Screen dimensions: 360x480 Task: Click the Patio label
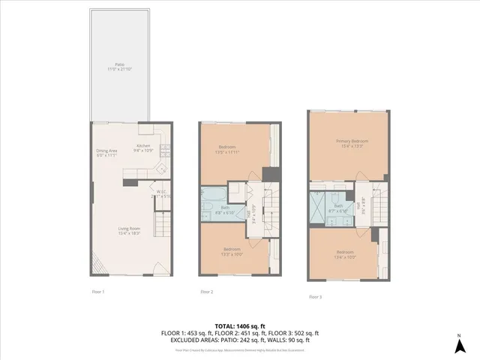click(x=119, y=65)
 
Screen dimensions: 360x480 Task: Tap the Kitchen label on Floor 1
click(x=142, y=145)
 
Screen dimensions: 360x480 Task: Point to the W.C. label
click(x=160, y=191)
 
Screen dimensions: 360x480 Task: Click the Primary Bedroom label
click(x=351, y=141)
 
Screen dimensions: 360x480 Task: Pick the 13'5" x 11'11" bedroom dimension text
click(x=228, y=152)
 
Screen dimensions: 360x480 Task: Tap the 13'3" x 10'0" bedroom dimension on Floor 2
click(x=232, y=253)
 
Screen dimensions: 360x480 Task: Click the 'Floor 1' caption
click(x=98, y=290)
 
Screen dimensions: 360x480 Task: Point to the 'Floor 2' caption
click(x=206, y=291)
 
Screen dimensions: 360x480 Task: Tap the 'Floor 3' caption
click(x=316, y=296)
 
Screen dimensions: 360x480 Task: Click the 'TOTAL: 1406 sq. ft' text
click(x=240, y=325)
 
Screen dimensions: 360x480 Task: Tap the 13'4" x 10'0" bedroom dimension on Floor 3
click(x=345, y=257)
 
